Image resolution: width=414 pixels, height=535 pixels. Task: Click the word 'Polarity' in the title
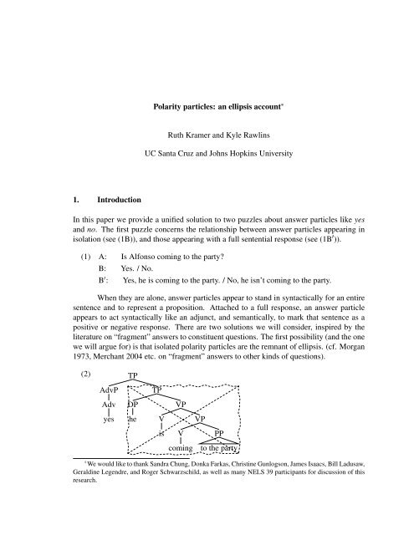click(x=154, y=108)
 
